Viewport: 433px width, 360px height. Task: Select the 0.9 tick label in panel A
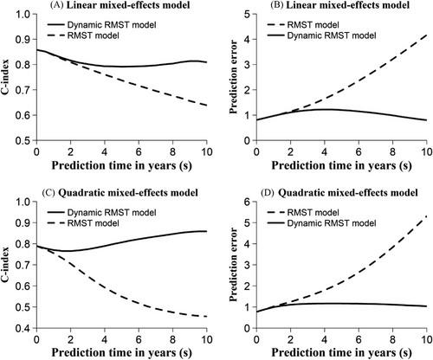[x=23, y=39]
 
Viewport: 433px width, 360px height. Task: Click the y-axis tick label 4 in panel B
[x=247, y=39]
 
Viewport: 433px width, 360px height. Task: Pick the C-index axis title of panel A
[x=5, y=77]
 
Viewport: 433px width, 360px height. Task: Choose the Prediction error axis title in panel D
[x=233, y=265]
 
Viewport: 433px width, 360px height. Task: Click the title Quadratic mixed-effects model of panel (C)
[x=128, y=192]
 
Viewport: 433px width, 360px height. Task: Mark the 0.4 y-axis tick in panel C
[x=23, y=328]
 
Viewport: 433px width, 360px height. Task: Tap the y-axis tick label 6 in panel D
[x=247, y=202]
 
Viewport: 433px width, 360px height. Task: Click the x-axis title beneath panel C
[x=121, y=353]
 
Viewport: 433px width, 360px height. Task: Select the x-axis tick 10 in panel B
[x=426, y=151]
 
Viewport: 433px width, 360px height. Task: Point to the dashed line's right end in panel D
[x=426, y=216]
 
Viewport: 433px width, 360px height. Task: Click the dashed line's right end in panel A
[x=207, y=106]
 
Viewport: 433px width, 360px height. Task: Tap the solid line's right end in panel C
[x=207, y=231]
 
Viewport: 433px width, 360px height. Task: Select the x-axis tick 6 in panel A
[x=139, y=151]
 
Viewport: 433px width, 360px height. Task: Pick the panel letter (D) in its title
[x=268, y=192]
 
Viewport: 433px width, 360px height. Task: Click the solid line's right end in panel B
[x=426, y=120]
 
